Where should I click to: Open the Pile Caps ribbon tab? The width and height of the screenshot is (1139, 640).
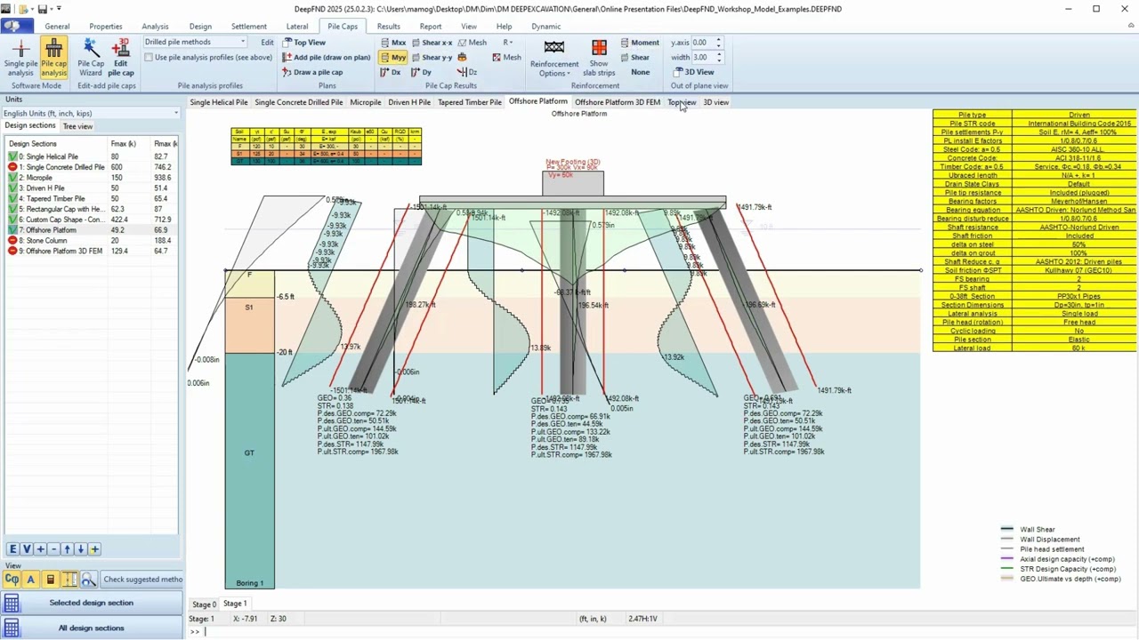click(x=342, y=27)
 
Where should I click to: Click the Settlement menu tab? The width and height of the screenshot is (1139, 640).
click(x=248, y=27)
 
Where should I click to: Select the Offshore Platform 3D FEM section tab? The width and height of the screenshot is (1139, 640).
click(x=617, y=102)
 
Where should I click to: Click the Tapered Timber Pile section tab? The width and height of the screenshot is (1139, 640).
click(x=469, y=102)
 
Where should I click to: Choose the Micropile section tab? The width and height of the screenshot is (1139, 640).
click(x=365, y=102)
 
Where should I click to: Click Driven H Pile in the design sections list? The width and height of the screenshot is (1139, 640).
click(x=44, y=188)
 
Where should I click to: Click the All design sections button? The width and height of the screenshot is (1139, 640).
click(x=91, y=628)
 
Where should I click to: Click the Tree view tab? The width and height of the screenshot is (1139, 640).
click(x=77, y=126)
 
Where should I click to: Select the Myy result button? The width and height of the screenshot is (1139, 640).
click(x=393, y=57)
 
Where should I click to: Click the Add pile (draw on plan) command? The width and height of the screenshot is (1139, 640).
click(x=327, y=57)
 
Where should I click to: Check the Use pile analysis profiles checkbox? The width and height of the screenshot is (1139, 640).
click(x=149, y=57)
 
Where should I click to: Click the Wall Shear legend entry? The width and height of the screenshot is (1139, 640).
click(x=1037, y=530)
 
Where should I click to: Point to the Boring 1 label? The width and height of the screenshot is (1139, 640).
click(x=249, y=583)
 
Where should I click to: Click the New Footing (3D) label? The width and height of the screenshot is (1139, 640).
click(x=573, y=162)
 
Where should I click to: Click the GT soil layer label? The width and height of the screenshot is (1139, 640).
click(x=249, y=453)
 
